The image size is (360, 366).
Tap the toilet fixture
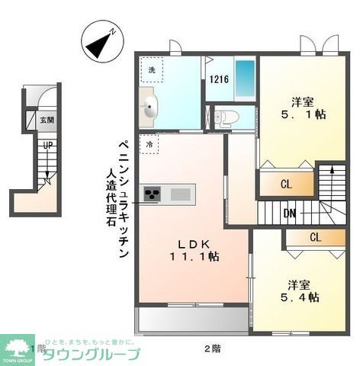point(227,117)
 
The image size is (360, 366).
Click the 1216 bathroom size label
point(218,79)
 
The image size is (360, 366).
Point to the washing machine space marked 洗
point(152,70)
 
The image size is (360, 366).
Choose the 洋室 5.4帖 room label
point(303,291)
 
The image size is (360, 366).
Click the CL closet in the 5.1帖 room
point(286,184)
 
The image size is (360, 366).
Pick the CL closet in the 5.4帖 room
point(314,237)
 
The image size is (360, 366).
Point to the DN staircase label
point(290,213)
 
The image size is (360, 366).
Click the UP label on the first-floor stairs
point(48,145)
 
